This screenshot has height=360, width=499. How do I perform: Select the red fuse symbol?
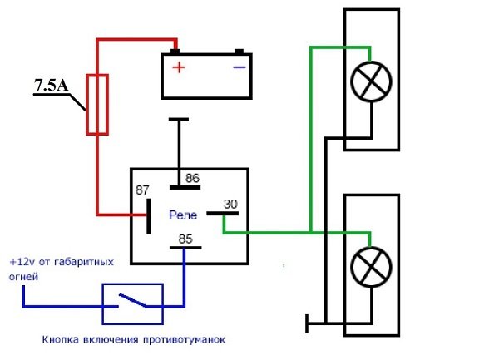click(x=98, y=103)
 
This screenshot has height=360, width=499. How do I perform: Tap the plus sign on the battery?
click(x=176, y=67)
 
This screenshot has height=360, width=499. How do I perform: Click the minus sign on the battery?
click(x=239, y=67)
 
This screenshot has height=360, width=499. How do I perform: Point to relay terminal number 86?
click(x=193, y=177)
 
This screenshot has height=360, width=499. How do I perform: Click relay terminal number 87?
click(x=143, y=190)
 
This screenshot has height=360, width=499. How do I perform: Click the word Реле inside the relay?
click(x=182, y=215)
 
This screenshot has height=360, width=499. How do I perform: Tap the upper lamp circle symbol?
click(x=367, y=83)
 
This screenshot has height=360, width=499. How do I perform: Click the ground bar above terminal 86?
click(x=177, y=120)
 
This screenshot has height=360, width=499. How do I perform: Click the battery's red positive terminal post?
click(x=175, y=49)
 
